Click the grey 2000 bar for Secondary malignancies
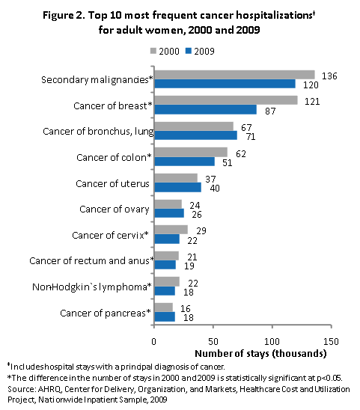click(234, 74)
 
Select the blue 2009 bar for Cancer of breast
click(205, 109)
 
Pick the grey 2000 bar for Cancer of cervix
click(171, 229)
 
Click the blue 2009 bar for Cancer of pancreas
click(164, 316)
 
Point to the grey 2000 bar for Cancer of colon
click(190, 152)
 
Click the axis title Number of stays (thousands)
click(260, 352)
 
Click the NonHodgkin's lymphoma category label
click(91, 287)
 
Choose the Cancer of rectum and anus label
click(90, 260)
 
